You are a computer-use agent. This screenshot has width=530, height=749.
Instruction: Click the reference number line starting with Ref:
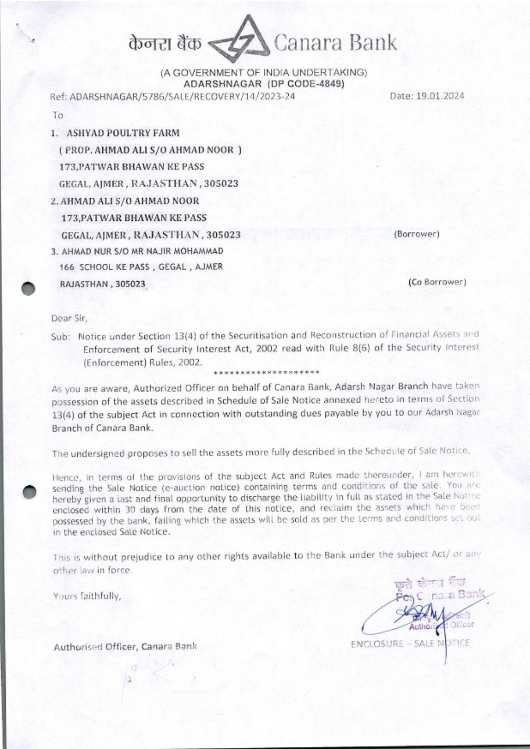point(173,96)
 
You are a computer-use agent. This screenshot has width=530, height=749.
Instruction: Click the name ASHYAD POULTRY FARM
point(122,133)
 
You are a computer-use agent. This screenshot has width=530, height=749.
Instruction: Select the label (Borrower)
point(417,234)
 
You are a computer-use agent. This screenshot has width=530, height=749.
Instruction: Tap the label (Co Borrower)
point(437,282)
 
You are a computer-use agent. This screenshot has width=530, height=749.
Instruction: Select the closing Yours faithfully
point(87,596)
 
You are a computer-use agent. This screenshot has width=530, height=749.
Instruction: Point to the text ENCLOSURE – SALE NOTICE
point(410,644)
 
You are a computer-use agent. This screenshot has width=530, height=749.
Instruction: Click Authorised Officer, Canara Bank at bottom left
point(125,646)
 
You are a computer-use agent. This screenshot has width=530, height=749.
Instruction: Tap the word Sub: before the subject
point(60,336)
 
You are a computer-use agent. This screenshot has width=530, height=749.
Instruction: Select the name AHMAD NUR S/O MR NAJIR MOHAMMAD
point(142,251)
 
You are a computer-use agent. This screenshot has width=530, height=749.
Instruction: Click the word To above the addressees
point(57,115)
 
